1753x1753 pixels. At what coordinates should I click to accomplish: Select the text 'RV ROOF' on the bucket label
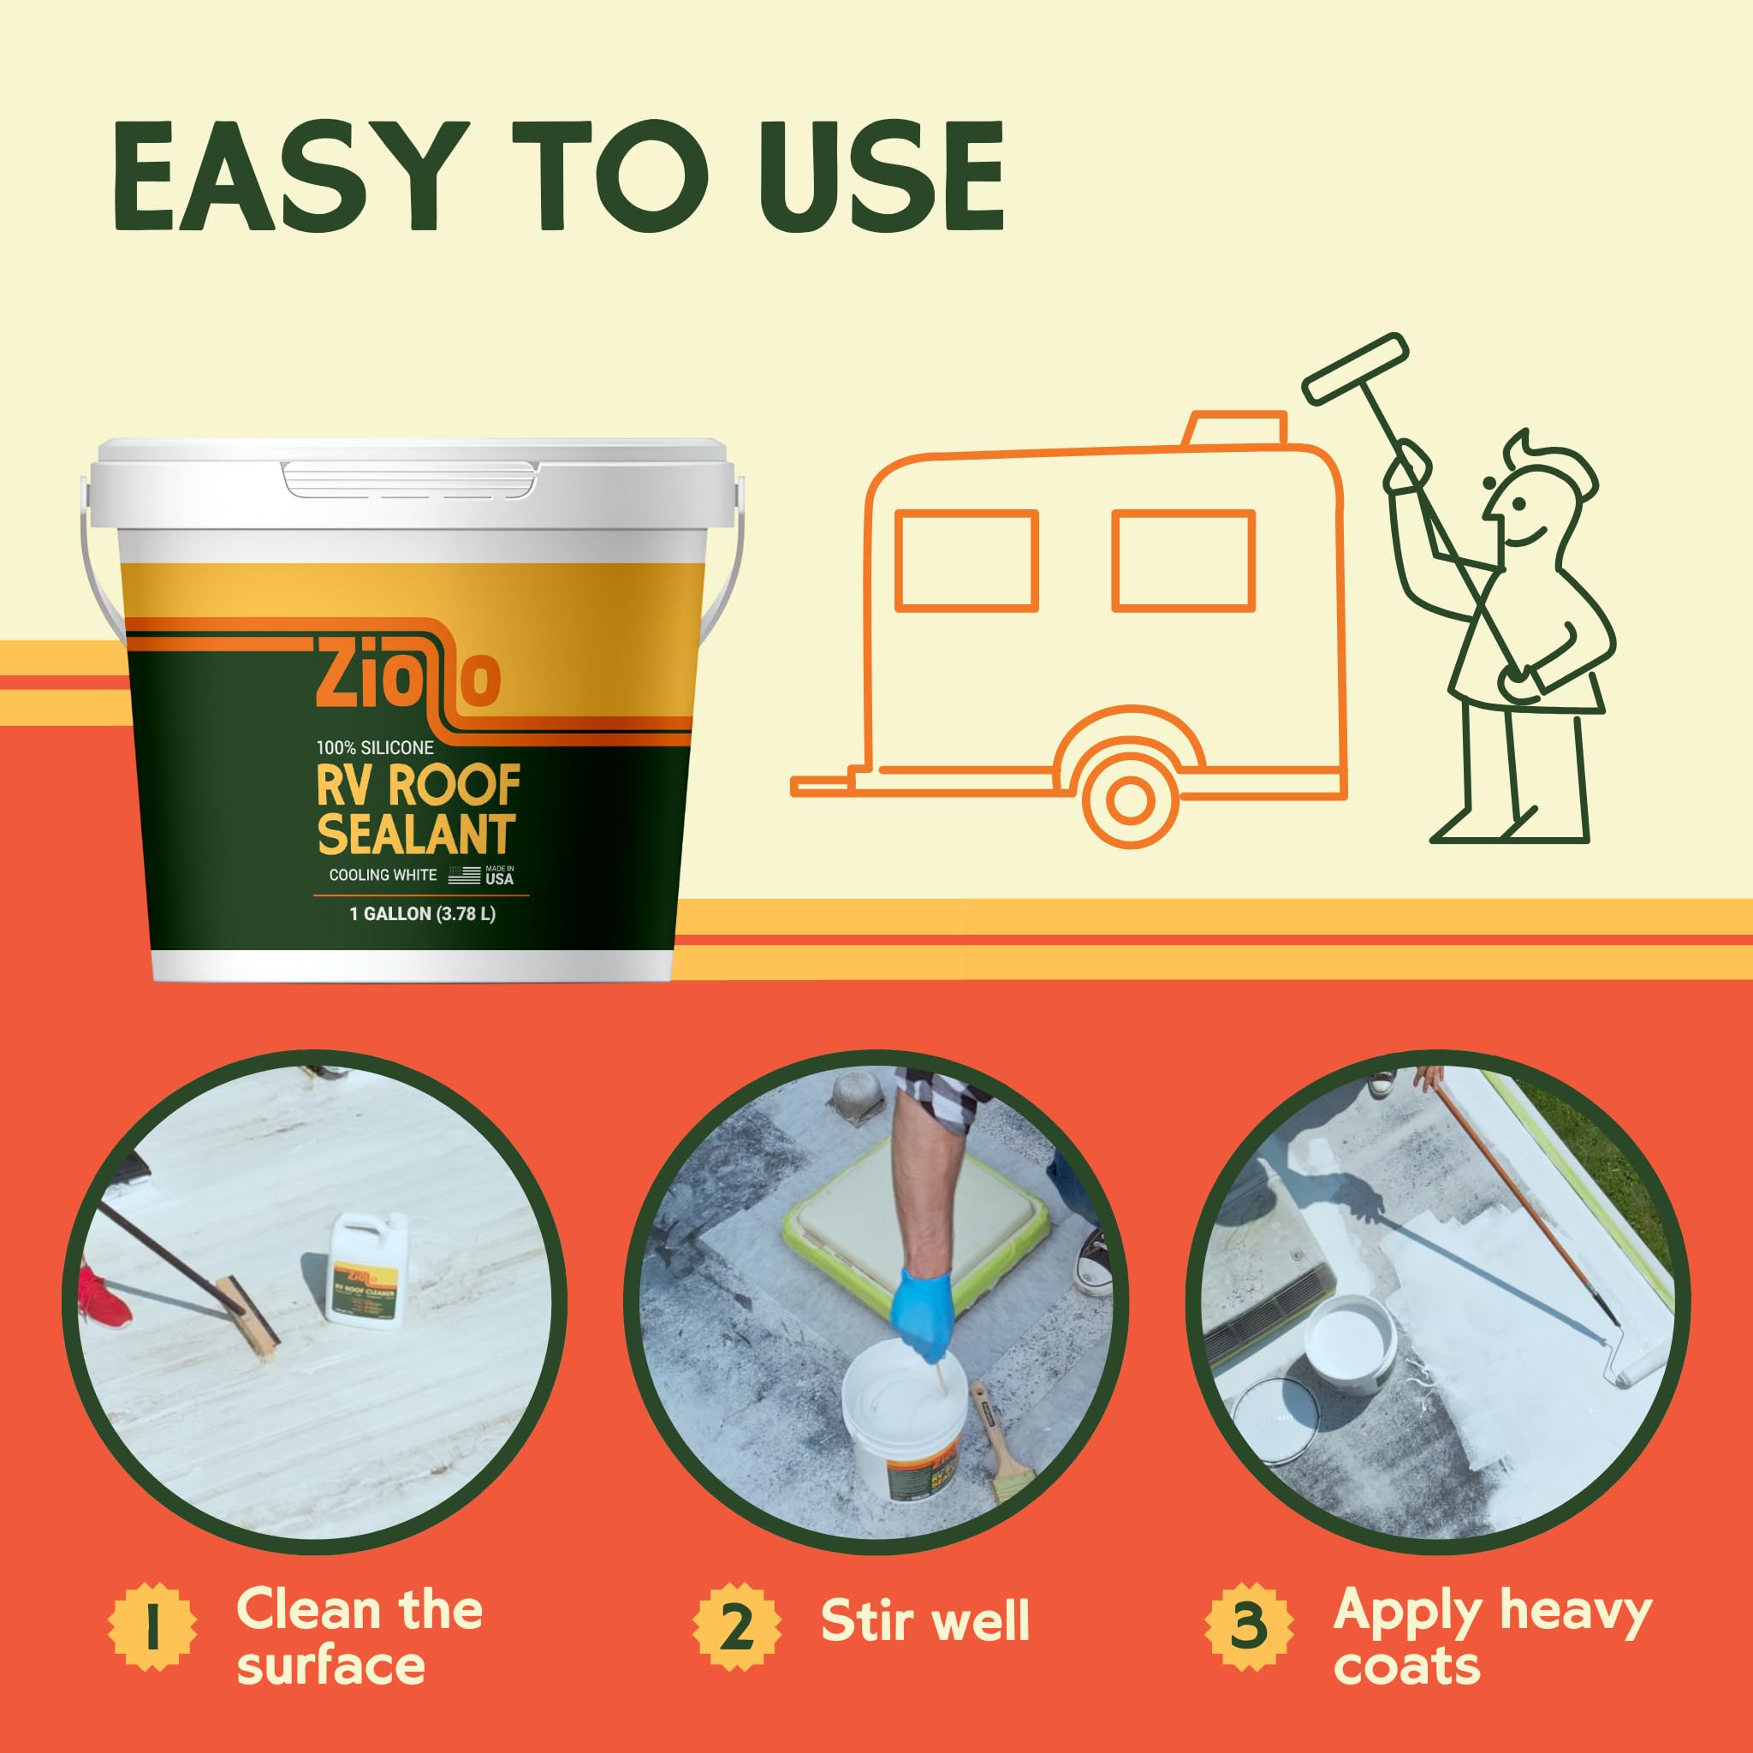pos(419,786)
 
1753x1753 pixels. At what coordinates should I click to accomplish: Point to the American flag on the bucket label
pos(464,876)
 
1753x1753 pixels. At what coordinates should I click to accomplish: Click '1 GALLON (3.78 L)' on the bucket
pos(423,913)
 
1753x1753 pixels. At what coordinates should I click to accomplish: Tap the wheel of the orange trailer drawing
pos(1129,799)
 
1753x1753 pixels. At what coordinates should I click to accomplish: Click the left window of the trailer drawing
pos(966,560)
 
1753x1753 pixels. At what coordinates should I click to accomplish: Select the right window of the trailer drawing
pos(1184,560)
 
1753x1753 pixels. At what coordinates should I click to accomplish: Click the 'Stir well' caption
pos(924,1621)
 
